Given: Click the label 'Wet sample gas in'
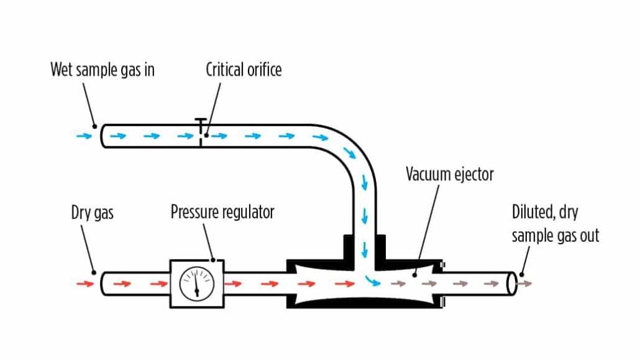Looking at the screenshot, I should click(x=103, y=70).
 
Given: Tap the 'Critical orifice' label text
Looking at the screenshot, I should click(x=244, y=70).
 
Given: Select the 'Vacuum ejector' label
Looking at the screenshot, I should click(x=450, y=174).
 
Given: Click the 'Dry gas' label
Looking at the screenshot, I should click(x=93, y=213).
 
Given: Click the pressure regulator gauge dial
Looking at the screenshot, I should click(x=197, y=284).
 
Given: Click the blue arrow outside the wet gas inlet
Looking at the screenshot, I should click(x=81, y=135).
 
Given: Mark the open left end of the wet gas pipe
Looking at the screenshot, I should click(x=104, y=136).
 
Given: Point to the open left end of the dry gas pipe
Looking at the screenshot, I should click(x=104, y=284).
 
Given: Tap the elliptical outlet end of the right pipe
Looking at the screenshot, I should click(x=513, y=283).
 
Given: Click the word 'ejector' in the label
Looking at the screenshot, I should click(x=474, y=174).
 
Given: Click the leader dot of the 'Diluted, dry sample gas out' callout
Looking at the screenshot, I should click(x=521, y=274).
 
